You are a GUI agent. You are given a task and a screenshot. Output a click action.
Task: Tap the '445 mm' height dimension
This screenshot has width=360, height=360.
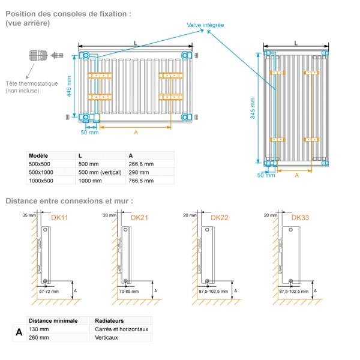pyautogui.click(x=70, y=86)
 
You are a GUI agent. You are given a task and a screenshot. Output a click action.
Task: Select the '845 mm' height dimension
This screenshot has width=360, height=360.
pyautogui.click(x=253, y=107)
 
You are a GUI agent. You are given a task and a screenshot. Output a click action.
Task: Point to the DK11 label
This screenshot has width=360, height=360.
pyautogui.click(x=59, y=218)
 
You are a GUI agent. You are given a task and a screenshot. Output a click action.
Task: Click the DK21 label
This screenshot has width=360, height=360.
pyautogui.click(x=139, y=218)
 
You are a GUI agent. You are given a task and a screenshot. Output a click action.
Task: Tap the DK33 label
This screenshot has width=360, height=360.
pyautogui.click(x=300, y=218)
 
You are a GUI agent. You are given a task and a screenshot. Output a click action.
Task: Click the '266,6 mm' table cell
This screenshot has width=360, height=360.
pyautogui.click(x=142, y=164)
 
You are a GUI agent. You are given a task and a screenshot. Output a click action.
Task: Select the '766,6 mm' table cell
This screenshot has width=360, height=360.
pyautogui.click(x=142, y=180)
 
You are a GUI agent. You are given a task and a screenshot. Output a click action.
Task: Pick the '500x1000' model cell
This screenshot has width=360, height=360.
pyautogui.click(x=41, y=172)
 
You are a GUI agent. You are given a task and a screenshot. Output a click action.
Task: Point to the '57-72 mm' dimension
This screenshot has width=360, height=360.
pyautogui.click(x=49, y=291)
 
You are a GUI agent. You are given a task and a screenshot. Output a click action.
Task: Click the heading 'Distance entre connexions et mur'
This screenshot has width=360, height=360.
pyautogui.click(x=69, y=201)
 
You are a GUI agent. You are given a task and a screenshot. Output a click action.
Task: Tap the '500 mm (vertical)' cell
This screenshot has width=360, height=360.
pyautogui.click(x=100, y=172)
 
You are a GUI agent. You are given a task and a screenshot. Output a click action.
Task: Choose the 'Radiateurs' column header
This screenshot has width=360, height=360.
pyautogui.click(x=110, y=321)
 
